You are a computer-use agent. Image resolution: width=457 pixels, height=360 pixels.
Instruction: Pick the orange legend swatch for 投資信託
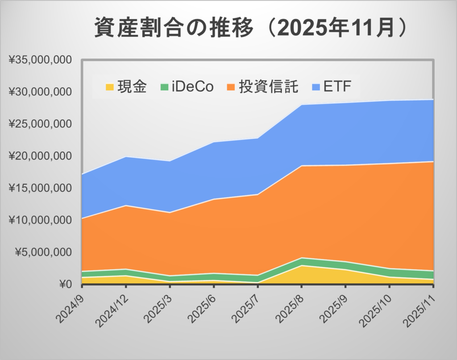(232, 87)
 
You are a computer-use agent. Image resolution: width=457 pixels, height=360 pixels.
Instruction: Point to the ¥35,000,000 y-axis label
(41, 60)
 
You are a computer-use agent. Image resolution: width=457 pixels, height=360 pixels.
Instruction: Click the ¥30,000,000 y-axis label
(41, 92)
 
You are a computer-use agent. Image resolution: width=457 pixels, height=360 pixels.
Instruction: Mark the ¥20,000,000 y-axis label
(41, 156)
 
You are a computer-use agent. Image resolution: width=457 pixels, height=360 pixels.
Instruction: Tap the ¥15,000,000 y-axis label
(41, 188)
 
